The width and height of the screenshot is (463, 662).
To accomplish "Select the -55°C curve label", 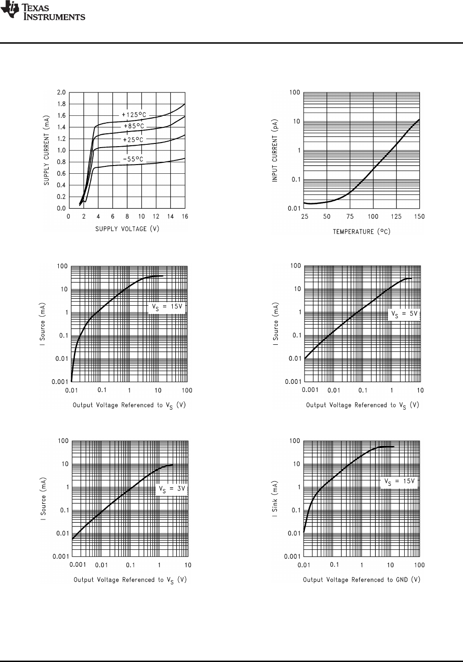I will tap(133, 160).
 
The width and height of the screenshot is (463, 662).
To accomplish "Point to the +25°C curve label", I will tap(133, 140).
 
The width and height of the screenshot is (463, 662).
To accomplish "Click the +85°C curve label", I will tap(134, 126).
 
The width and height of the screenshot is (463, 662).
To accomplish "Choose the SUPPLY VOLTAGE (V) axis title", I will tap(127, 229).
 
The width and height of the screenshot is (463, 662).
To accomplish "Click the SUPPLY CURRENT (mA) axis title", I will tap(47, 150).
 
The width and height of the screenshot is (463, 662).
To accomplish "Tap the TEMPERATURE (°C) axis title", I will tap(361, 232).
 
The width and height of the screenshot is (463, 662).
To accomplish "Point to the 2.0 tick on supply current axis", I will tap(61, 92).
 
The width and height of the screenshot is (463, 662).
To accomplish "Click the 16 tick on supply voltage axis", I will tap(185, 217).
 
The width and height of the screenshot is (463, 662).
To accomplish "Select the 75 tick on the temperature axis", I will tap(350, 217).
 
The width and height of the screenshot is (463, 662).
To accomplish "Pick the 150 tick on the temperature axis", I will tap(419, 217).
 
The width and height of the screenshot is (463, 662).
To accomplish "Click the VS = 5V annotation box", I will tap(404, 314).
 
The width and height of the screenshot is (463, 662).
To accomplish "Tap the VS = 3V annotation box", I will tap(171, 489).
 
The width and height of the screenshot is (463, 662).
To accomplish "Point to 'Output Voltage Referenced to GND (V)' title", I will tap(361, 580).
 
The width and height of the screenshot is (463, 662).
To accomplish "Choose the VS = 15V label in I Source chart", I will tap(167, 307).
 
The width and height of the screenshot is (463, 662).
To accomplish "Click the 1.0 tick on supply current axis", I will tap(61, 150).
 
